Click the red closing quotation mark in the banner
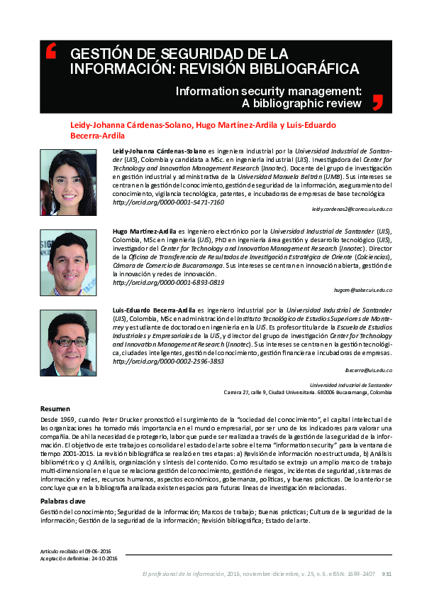point(377,102)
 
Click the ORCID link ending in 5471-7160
point(169,202)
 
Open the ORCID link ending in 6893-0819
point(169,282)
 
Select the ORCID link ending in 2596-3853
point(169,361)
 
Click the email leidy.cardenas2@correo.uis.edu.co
point(352,211)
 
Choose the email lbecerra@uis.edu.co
point(370,371)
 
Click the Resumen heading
point(55,409)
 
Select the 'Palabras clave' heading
point(64,501)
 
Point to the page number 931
point(387,574)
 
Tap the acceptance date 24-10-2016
point(105,558)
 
